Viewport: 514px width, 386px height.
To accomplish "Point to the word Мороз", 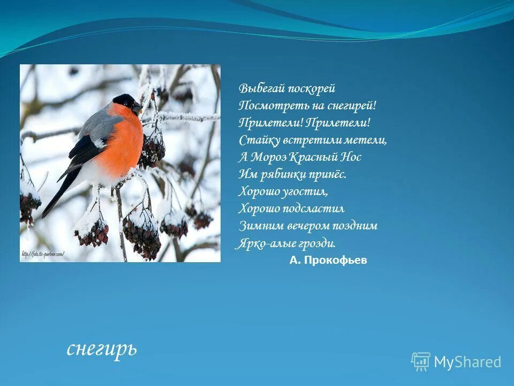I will pos(268,157).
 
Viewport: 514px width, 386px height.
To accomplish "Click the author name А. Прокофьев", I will pos(328,261).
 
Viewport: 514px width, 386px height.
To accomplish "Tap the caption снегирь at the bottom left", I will pos(102,348).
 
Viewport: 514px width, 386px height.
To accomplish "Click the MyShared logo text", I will pos(467,362).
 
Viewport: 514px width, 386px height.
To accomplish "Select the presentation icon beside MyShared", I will pos(421,362).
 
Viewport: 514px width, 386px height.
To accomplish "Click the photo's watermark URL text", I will pos(42,254).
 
